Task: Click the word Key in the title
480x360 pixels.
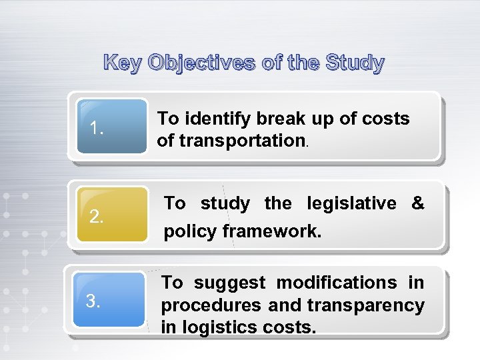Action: [124, 63]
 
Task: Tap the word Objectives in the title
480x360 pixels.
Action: [201, 63]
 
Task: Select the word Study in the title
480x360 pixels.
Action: [355, 63]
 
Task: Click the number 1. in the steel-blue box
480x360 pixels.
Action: [97, 127]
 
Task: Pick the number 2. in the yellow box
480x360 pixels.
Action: [97, 216]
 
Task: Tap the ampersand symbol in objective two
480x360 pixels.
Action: [418, 203]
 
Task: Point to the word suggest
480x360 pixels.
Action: [229, 283]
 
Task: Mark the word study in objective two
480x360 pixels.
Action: [225, 203]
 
